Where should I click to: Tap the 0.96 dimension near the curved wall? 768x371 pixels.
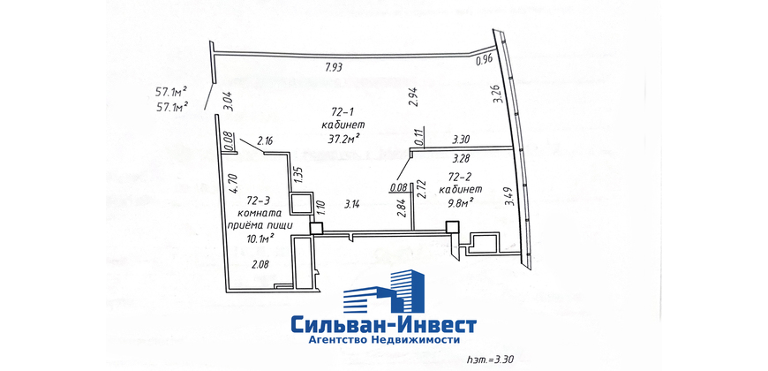[x=485, y=61]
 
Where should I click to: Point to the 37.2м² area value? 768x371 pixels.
[x=341, y=140]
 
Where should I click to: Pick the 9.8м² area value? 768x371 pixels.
[x=462, y=200]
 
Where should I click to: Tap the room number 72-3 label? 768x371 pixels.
[x=259, y=201]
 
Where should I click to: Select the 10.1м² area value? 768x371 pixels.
[x=260, y=238]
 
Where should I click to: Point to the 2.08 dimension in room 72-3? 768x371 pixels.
[x=260, y=265]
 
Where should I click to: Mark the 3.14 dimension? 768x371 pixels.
[x=352, y=205]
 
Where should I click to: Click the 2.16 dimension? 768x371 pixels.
[x=265, y=142]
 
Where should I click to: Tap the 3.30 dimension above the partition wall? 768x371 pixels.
[x=462, y=140]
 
